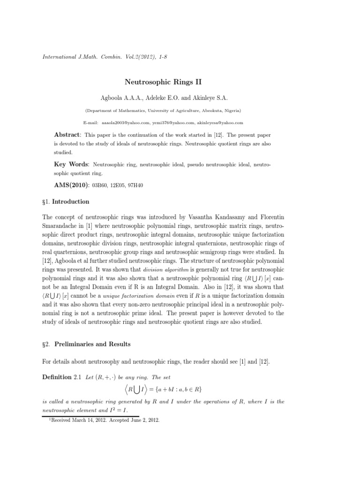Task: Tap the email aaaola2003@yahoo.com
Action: click(x=121, y=122)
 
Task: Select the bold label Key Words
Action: click(x=72, y=165)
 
